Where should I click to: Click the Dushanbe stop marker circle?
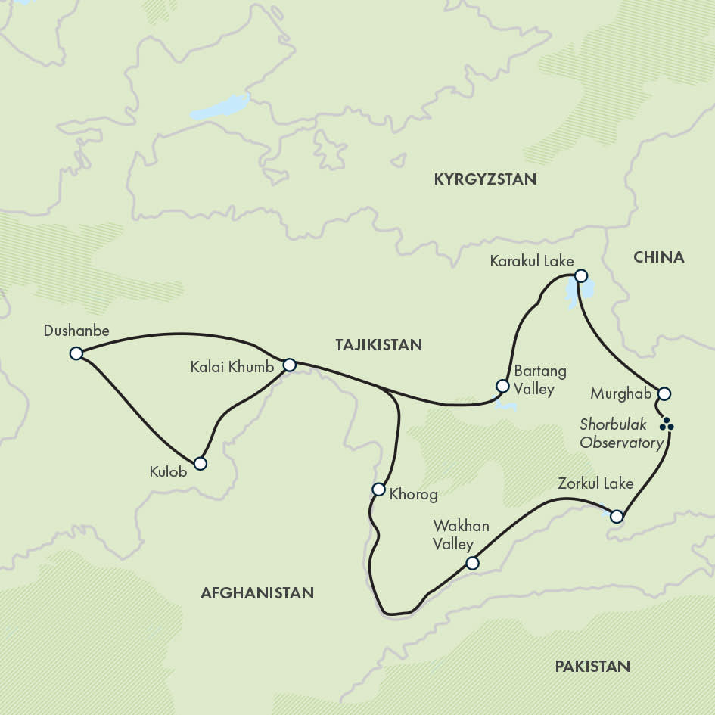76,353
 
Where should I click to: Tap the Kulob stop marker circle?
200,463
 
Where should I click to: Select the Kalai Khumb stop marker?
289,365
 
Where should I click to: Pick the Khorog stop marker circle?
379,490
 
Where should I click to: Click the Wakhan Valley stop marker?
472,563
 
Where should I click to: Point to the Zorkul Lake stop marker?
617,517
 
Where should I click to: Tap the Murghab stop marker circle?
664,393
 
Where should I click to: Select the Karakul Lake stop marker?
580,275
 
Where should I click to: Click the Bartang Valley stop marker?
501,386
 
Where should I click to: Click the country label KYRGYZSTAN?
485,179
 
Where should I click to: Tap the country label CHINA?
658,257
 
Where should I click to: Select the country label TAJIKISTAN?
378,345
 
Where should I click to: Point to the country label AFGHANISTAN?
256,593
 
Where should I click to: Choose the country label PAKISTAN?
592,667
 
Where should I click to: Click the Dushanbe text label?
76,331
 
